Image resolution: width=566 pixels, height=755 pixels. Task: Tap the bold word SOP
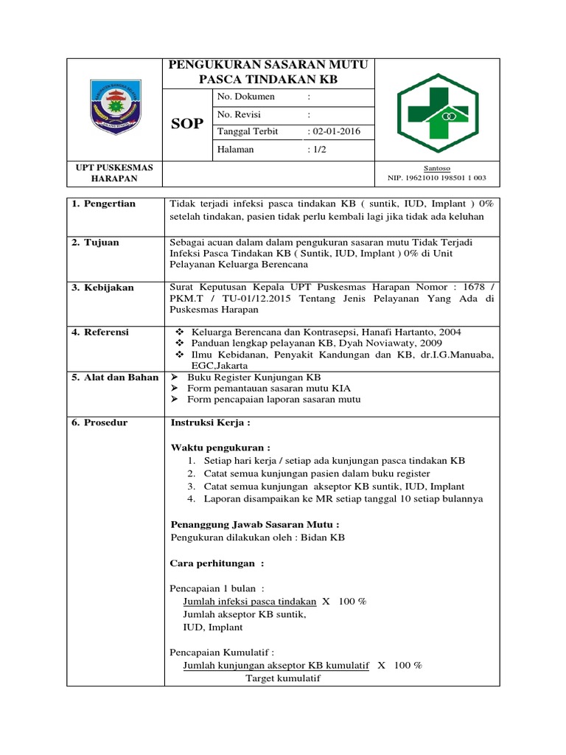[x=187, y=124]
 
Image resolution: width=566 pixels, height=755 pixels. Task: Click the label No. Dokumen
[x=246, y=97]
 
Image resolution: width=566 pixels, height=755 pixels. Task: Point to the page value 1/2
[x=320, y=149]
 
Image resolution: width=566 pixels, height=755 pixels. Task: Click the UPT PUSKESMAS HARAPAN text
[x=114, y=173]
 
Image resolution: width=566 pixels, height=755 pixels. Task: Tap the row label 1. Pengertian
[x=104, y=203]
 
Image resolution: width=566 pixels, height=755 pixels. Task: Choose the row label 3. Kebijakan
[x=103, y=288]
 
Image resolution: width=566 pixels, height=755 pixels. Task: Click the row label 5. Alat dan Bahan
[x=115, y=377]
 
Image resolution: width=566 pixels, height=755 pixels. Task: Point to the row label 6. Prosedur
[x=100, y=422]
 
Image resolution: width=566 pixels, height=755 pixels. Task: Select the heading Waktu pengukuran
[x=220, y=448]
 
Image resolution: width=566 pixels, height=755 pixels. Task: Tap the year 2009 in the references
[x=430, y=344]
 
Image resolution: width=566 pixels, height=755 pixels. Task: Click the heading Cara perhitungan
[x=217, y=563]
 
